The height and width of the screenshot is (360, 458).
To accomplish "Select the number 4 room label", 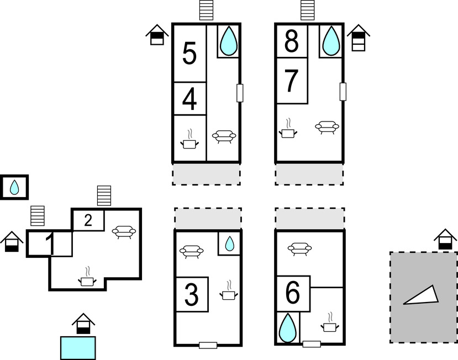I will (x=189, y=99).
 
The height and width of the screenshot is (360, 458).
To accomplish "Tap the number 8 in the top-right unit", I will (x=292, y=41).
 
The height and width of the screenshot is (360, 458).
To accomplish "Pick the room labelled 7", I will (x=292, y=81).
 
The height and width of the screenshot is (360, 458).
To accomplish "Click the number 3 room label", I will (x=191, y=295).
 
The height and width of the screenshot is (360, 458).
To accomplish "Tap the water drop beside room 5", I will (x=228, y=40).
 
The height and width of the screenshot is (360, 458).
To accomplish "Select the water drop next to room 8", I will (x=331, y=40).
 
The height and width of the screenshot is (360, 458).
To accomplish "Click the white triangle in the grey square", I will (x=423, y=297).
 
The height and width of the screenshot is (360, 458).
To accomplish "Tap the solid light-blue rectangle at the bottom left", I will (x=77, y=348).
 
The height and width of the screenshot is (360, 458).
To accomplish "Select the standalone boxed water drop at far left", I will (x=14, y=187).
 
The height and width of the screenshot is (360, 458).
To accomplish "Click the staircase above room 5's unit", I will (x=206, y=10).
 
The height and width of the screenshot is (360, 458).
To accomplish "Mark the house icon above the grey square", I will (x=445, y=240).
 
